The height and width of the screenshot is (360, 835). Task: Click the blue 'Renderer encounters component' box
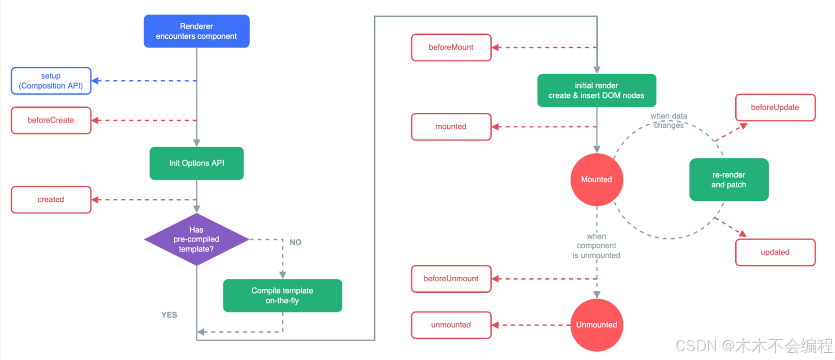point(197,31)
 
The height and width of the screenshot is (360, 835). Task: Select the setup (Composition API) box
point(51,81)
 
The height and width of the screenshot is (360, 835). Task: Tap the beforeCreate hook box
point(51,120)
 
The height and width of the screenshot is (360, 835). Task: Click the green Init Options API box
point(197,163)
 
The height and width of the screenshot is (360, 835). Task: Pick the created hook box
point(51,200)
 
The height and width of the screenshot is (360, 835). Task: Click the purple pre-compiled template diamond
point(197,240)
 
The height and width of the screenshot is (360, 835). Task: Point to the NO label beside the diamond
point(295,242)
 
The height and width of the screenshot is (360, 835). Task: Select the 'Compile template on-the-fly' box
point(283,296)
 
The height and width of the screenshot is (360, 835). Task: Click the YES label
point(169,315)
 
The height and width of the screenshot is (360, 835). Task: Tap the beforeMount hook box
point(451,47)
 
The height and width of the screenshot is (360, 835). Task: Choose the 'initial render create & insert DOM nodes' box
point(597,90)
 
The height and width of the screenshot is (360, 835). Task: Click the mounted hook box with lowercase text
point(451,127)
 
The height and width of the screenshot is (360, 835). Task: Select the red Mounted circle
point(597,180)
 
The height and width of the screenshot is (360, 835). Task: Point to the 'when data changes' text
point(669,120)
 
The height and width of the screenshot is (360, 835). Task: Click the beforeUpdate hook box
point(775,107)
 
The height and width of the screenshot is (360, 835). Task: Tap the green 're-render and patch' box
point(729,180)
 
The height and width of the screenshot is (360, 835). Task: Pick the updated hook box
point(775,252)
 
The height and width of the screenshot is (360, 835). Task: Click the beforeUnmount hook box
point(451,279)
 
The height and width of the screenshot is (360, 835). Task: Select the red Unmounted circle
point(597,325)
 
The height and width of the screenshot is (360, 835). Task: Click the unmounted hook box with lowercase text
point(451,325)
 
